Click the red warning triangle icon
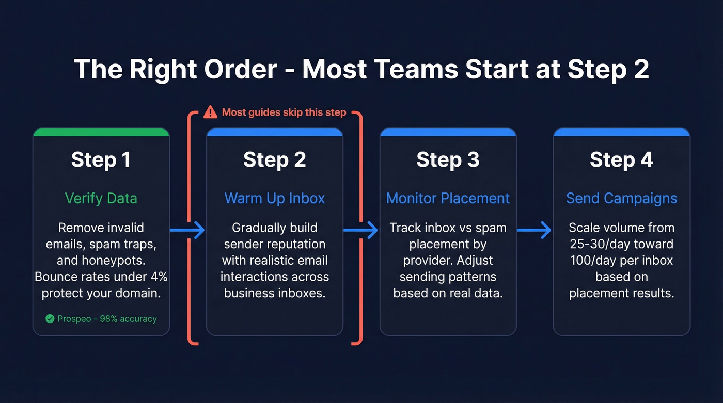(210, 112)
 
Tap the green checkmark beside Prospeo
(50, 319)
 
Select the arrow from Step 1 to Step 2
(187, 230)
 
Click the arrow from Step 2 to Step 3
(361, 230)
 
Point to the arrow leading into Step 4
(535, 230)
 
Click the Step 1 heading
(101, 159)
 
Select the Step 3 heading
(448, 159)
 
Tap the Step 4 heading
(621, 159)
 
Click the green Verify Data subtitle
(101, 198)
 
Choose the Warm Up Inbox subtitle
(275, 198)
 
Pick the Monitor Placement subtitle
(448, 198)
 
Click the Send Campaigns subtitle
(621, 198)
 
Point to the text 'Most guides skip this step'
(284, 112)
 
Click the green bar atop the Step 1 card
(101, 132)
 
